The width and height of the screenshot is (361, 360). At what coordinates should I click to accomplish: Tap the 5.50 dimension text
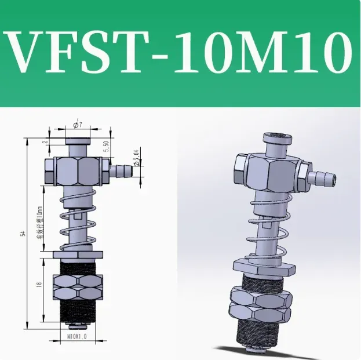point(106,146)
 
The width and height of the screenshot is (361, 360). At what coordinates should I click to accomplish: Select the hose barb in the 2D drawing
point(120,170)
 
